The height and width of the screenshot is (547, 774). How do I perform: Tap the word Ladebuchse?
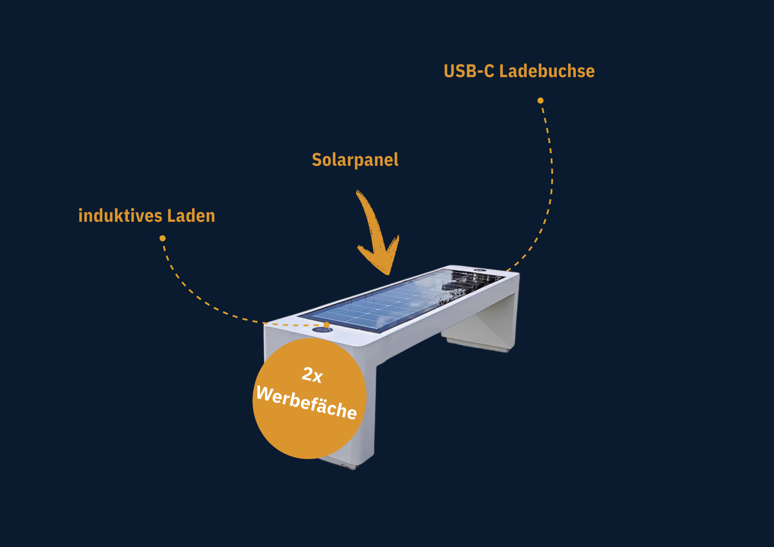click(x=547, y=71)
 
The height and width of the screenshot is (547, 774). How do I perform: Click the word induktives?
click(x=120, y=216)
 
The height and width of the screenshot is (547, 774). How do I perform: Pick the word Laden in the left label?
click(x=191, y=216)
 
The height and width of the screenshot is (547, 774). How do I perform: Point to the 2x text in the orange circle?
click(x=312, y=374)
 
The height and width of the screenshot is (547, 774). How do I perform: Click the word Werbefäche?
click(x=306, y=403)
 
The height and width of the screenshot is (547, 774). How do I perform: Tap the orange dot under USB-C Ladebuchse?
click(x=540, y=100)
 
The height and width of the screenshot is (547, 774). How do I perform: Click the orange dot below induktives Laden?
click(x=162, y=238)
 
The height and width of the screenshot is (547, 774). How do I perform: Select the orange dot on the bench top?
click(x=326, y=325)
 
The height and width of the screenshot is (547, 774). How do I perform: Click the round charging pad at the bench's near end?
click(x=322, y=330)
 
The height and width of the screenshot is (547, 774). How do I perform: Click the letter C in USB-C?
click(x=489, y=71)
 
